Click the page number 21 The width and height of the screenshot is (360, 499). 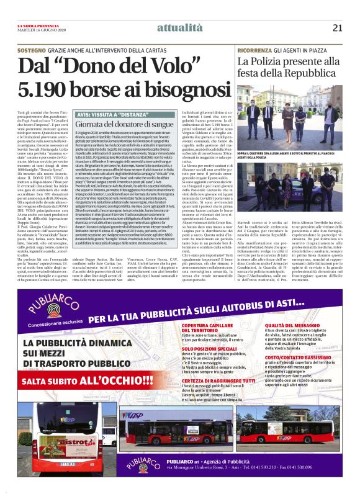coord(337,27)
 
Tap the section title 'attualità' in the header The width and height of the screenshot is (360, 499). coord(180,27)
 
